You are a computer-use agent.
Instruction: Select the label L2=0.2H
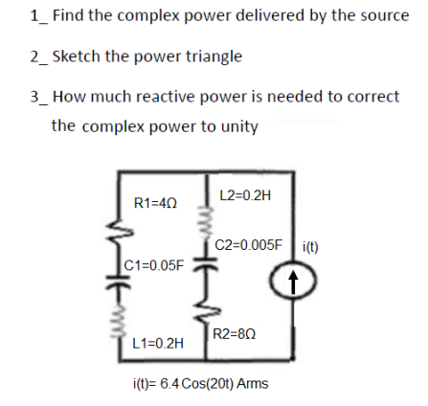[x=245, y=195]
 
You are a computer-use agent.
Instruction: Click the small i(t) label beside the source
[x=310, y=246]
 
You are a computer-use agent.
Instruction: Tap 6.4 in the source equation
[x=170, y=383]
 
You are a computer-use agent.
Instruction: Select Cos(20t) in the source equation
[x=207, y=383]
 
